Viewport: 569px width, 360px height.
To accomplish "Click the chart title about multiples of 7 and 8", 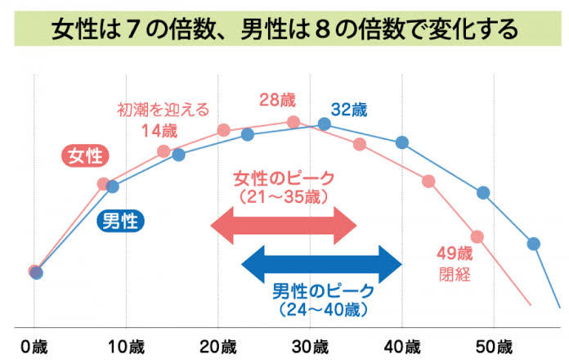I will [x=284, y=30].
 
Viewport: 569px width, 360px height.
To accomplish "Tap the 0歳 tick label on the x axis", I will [x=34, y=344].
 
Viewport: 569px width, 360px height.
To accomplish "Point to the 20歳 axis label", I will [x=219, y=344].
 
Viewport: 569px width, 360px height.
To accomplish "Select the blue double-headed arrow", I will [x=322, y=263].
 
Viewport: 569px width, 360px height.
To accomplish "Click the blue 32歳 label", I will [x=349, y=109].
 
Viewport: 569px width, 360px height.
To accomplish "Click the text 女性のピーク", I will [x=284, y=179].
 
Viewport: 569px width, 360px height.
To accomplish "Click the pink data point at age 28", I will [x=293, y=122].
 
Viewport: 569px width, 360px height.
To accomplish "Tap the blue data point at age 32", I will [x=324, y=124].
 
